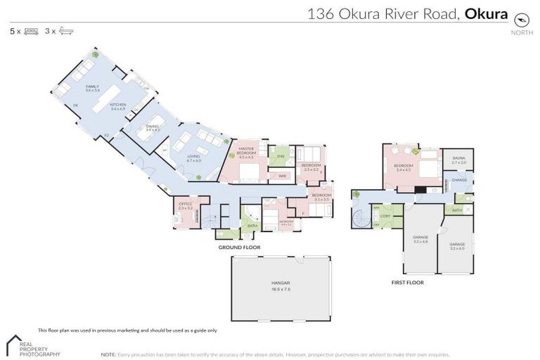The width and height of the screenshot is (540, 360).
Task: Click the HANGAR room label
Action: [281, 282]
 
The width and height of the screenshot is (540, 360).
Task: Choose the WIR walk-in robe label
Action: [281, 176]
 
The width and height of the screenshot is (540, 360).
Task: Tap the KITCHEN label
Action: [118, 105]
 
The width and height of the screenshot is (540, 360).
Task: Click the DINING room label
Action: [153, 127]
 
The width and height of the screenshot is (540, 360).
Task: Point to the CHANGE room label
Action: [459, 181]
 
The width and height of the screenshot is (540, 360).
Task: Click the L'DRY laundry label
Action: [386, 215]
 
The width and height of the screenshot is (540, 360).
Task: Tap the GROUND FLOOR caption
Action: [240, 247]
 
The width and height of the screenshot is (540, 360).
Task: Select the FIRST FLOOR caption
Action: [407, 282]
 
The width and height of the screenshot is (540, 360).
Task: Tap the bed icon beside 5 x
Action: [31, 32]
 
